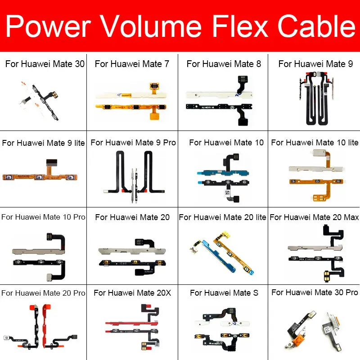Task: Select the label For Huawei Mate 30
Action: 45,64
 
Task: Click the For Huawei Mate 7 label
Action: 132,64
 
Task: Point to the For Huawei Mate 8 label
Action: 224,64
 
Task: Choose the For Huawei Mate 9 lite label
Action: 43,143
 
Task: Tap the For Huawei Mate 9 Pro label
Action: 133,143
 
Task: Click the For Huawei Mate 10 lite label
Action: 315,143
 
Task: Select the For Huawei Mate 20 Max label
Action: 314,217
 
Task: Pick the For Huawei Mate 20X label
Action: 132,293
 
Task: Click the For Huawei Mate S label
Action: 224,293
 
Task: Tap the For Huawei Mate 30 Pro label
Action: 315,292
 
